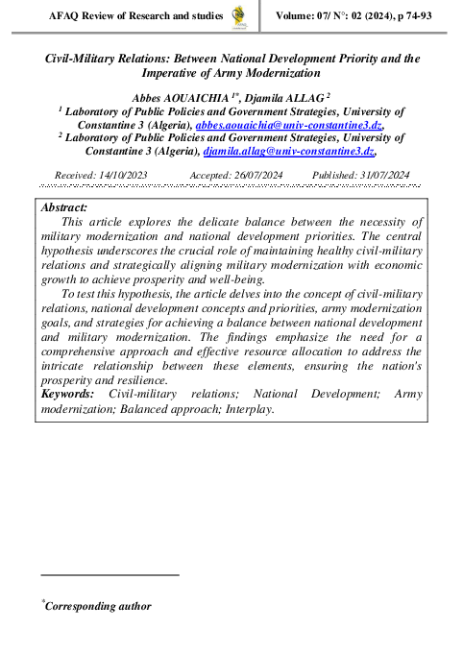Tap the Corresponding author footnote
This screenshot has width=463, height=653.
(x=97, y=607)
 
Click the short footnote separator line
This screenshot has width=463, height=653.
(x=110, y=574)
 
